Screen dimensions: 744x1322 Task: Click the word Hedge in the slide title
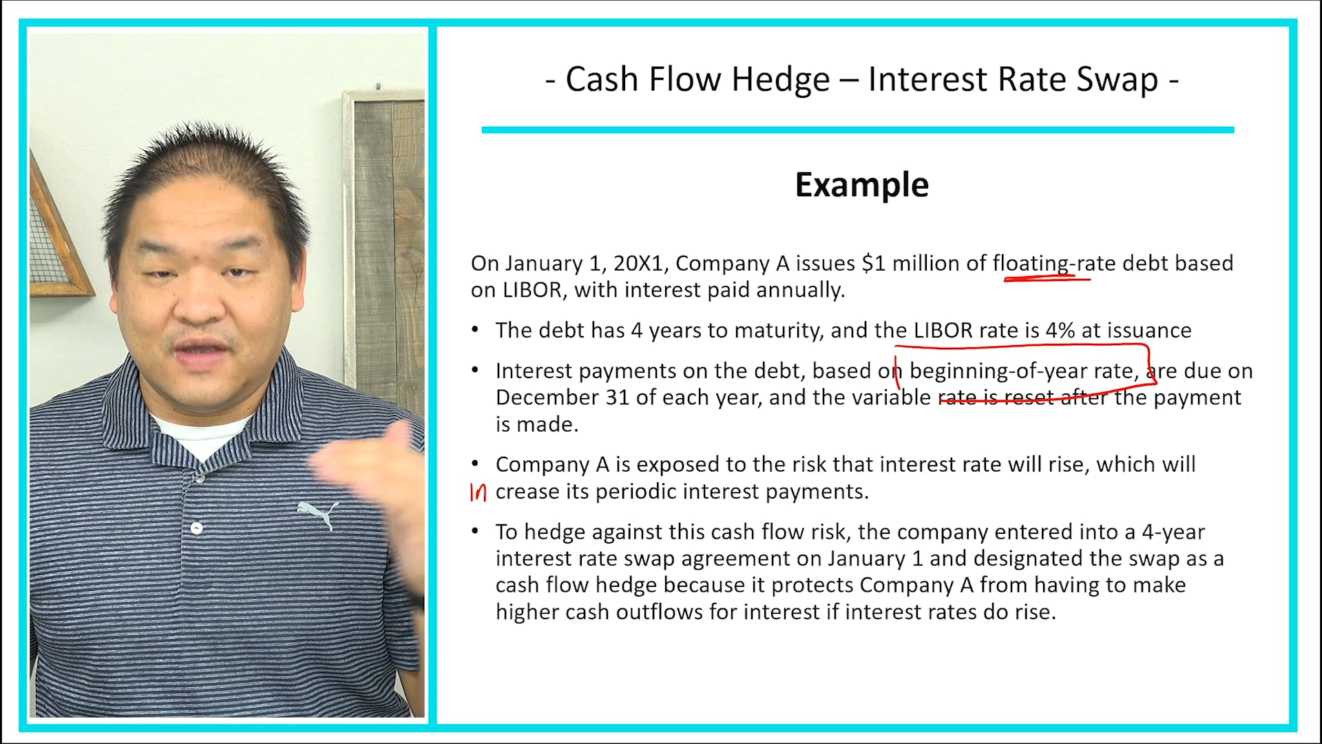click(780, 79)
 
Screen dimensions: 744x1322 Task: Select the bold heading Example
click(861, 185)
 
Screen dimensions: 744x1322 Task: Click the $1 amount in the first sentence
click(873, 263)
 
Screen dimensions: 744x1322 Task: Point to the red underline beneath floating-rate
click(1047, 279)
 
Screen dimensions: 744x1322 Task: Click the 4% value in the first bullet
click(1060, 331)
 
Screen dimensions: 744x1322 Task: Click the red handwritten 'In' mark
click(478, 492)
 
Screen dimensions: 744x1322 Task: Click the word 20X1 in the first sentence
click(640, 263)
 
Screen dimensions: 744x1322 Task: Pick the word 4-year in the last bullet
click(1173, 532)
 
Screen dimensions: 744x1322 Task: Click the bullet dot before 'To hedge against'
click(475, 531)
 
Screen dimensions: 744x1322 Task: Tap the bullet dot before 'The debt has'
click(475, 330)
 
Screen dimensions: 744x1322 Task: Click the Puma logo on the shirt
click(318, 513)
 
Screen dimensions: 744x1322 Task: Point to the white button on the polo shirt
click(197, 528)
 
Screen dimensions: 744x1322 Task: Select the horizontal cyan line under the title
click(857, 130)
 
